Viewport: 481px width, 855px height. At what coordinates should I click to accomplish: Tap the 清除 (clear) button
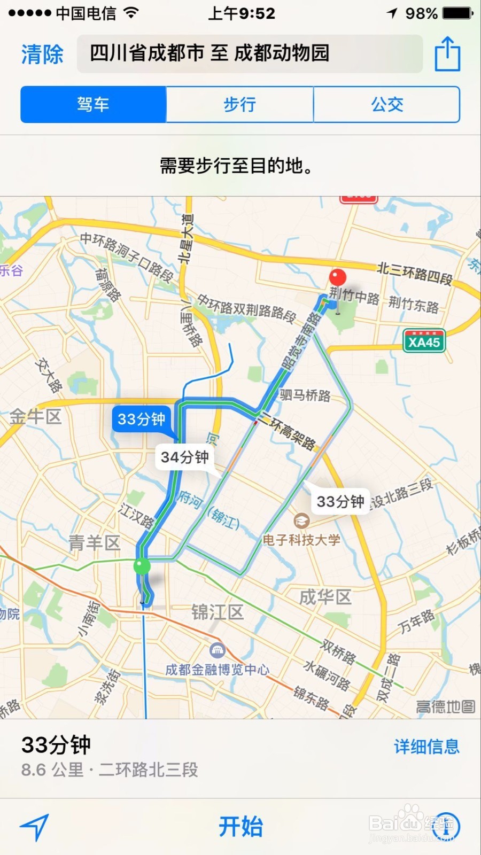click(42, 54)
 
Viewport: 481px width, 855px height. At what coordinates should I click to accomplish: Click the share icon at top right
click(447, 54)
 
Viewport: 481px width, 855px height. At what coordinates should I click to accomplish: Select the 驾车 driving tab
click(94, 104)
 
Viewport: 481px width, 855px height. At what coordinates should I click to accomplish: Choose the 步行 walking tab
click(239, 104)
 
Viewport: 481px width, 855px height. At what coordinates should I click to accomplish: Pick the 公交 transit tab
click(387, 104)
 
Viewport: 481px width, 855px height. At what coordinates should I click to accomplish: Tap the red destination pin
click(337, 278)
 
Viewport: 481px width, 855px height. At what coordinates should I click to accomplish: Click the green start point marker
click(142, 565)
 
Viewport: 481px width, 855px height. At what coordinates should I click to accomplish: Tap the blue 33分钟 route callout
click(141, 419)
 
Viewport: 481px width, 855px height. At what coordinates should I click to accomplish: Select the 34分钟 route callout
click(184, 457)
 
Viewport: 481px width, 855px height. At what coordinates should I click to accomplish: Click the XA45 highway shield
click(424, 341)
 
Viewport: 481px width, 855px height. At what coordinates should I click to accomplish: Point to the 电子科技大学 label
click(301, 539)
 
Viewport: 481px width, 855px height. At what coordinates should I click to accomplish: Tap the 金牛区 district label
click(36, 416)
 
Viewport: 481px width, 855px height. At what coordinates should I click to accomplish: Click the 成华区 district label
click(325, 596)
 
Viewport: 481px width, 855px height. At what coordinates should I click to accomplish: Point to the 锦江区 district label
click(218, 612)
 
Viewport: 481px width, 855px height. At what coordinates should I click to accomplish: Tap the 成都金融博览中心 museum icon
click(217, 650)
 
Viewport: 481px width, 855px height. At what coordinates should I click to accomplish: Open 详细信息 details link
click(426, 747)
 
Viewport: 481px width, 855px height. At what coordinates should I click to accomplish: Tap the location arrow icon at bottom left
click(35, 827)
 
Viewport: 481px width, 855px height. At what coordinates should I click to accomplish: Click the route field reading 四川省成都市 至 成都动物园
click(250, 53)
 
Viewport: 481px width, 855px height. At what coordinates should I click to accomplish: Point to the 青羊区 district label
click(95, 543)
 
